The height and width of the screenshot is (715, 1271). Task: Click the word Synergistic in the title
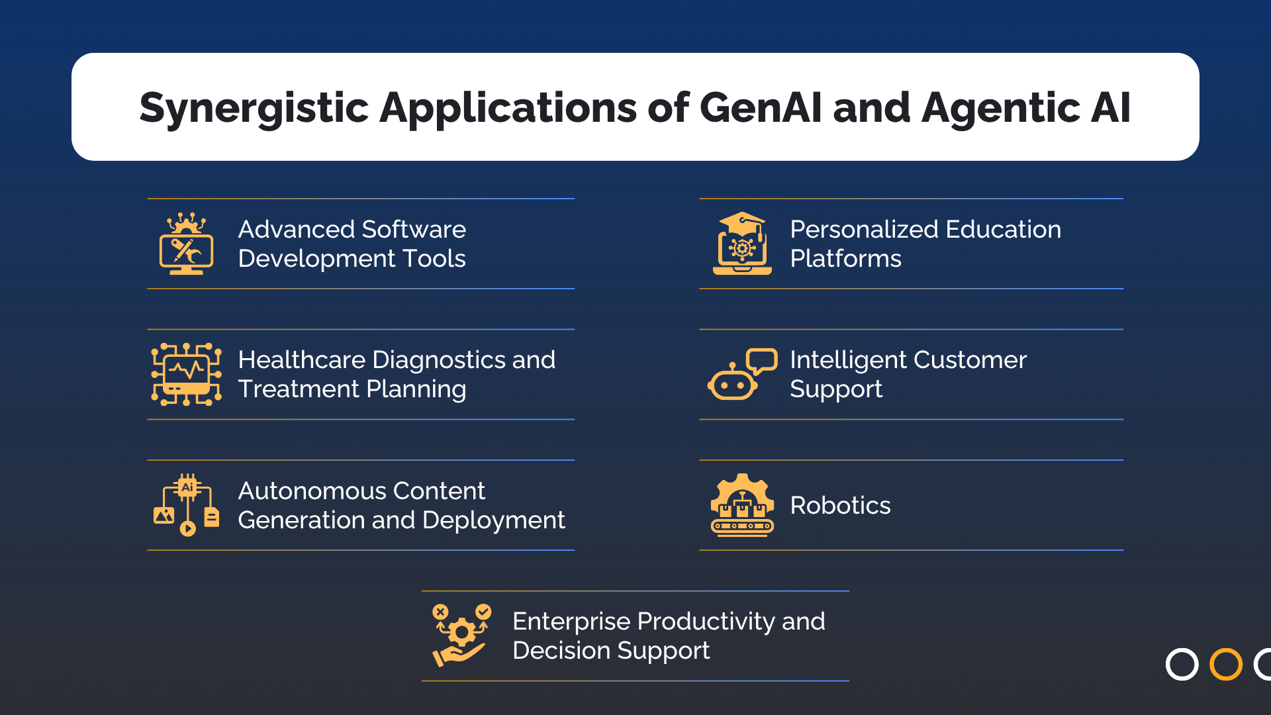(254, 108)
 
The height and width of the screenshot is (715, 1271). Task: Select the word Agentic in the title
(1000, 108)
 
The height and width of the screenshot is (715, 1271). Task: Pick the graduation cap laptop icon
(742, 244)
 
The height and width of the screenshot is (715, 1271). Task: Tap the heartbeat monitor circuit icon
(186, 374)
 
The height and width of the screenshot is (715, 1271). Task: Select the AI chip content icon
(186, 504)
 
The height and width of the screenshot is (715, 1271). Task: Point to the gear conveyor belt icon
(742, 504)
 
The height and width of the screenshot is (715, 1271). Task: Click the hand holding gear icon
(461, 635)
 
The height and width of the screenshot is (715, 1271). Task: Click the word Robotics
(840, 506)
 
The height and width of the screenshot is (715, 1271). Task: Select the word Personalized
(864, 230)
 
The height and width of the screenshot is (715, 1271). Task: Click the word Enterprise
(571, 622)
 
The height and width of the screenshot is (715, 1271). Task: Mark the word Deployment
(493, 520)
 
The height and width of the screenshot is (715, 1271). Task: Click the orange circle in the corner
(1225, 664)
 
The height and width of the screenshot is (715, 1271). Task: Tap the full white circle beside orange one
(1182, 664)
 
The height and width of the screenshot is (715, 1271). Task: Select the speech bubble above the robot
(761, 361)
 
